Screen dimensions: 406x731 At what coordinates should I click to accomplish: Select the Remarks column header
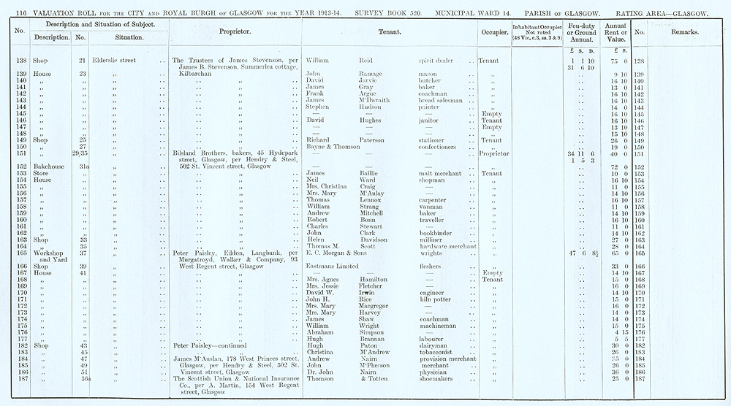tap(683, 33)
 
